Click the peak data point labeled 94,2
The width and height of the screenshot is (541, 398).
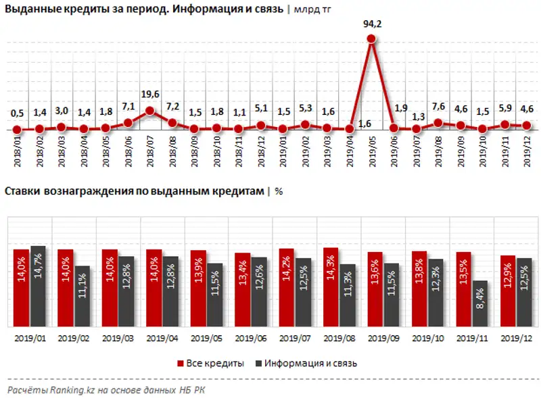click(371, 39)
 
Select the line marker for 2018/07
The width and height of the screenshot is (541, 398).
click(150, 111)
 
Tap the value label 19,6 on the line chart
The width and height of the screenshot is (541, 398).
click(150, 95)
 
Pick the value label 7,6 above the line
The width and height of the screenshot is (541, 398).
click(438, 107)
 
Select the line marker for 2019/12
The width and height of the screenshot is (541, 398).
click(525, 125)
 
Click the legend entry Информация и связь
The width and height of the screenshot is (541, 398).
click(307, 363)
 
